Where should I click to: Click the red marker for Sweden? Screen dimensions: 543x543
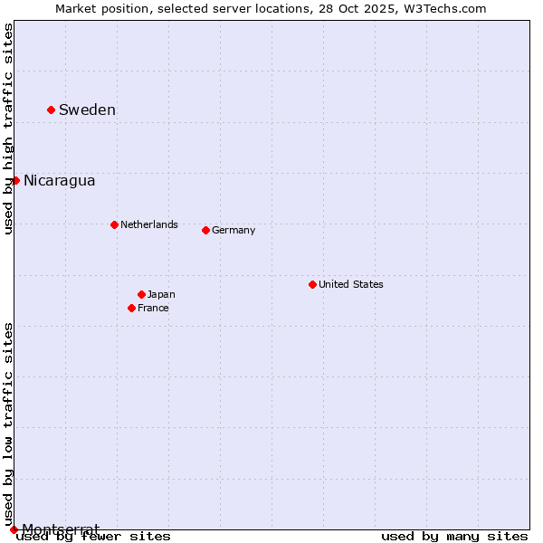(x=51, y=110)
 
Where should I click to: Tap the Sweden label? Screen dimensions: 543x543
(x=87, y=110)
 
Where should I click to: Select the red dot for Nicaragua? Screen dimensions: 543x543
(x=15, y=180)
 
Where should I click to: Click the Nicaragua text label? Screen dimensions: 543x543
(x=59, y=180)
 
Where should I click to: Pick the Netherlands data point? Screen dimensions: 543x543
(x=114, y=224)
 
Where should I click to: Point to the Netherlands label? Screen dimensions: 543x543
(x=148, y=224)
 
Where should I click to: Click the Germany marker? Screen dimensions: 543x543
(x=205, y=230)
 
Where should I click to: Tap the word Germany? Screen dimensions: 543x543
(x=233, y=230)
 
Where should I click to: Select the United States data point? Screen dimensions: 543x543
(x=312, y=284)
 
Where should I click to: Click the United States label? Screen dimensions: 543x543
(x=351, y=284)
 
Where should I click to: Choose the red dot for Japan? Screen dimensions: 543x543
(x=141, y=294)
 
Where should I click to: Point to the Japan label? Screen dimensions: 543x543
(x=161, y=294)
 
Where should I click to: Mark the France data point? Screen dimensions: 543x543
(x=131, y=308)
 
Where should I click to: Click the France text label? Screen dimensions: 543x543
(x=153, y=308)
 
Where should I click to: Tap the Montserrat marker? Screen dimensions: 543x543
(x=14, y=529)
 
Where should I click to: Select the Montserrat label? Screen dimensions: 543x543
(x=61, y=529)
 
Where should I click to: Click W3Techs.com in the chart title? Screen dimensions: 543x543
(x=445, y=8)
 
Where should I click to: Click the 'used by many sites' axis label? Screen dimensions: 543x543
(x=454, y=536)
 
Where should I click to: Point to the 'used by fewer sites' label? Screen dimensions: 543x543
(x=93, y=536)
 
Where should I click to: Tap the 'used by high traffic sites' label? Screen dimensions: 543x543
(x=8, y=129)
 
